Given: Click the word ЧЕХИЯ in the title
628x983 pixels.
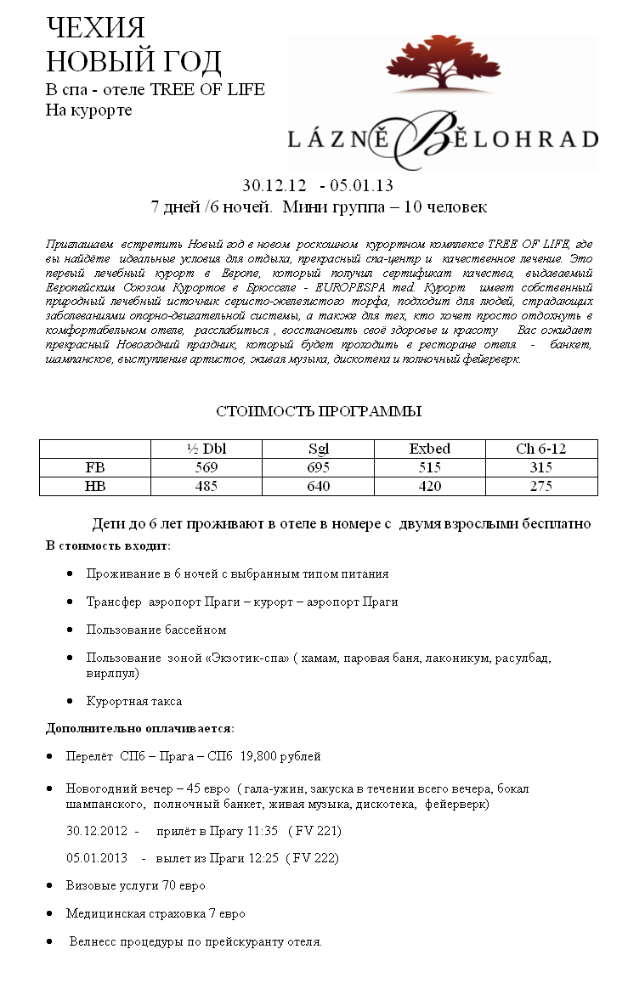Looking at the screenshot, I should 95,29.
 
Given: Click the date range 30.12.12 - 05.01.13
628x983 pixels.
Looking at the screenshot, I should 318,185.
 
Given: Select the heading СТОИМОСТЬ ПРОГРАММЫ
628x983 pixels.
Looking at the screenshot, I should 319,411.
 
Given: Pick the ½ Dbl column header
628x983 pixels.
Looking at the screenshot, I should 202,449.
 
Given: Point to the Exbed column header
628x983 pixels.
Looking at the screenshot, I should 429,449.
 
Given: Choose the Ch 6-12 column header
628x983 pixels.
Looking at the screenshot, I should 540,449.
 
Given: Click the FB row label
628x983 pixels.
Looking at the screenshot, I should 95,467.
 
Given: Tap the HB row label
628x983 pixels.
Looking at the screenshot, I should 95,486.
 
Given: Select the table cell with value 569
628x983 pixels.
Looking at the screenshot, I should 206,467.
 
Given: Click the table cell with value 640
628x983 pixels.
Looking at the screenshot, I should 318,486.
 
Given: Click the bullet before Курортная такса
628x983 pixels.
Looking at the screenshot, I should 70,701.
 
